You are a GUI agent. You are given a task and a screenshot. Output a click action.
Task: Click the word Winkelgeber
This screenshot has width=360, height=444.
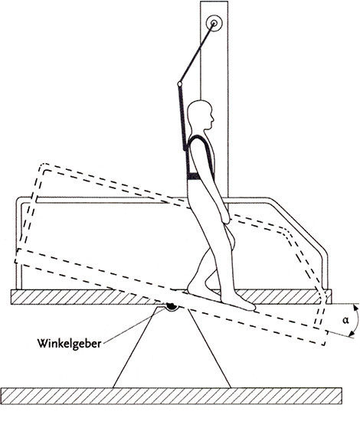click(69, 344)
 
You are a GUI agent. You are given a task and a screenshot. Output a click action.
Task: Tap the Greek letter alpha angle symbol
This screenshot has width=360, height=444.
click(345, 320)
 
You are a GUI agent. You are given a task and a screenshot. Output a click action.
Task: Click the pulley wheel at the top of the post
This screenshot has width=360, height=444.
click(214, 23)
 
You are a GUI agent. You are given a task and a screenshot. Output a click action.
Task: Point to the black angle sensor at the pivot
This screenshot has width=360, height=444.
click(172, 306)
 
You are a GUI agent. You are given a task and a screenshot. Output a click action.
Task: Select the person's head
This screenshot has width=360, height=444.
click(201, 116)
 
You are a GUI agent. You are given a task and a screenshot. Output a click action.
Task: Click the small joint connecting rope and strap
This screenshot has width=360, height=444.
click(179, 83)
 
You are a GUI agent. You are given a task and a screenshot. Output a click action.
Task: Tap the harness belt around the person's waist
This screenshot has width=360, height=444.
click(194, 176)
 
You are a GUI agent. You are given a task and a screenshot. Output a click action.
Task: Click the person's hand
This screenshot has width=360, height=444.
click(226, 217)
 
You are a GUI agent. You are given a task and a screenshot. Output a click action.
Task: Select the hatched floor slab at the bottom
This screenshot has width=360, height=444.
click(171, 396)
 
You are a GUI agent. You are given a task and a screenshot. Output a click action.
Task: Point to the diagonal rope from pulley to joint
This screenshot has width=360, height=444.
click(197, 54)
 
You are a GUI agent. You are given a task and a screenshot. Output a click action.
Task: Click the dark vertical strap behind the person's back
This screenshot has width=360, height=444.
click(183, 118)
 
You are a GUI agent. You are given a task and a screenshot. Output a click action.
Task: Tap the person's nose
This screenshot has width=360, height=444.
click(212, 118)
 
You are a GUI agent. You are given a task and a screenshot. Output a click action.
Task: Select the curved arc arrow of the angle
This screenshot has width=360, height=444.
click(358, 320)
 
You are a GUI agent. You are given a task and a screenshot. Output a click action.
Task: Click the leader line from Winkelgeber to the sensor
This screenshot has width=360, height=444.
click(134, 326)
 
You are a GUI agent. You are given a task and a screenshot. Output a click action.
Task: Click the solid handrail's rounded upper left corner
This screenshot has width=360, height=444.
click(19, 199)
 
